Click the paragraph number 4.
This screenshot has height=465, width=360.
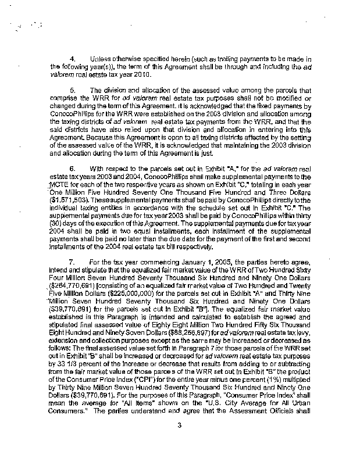tap(73, 59)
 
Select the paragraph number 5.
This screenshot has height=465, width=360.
tap(73, 91)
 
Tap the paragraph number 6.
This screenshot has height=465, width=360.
tap(73, 152)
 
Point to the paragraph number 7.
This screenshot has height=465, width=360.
tap(73, 263)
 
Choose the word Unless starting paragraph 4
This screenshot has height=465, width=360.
tap(102, 59)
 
